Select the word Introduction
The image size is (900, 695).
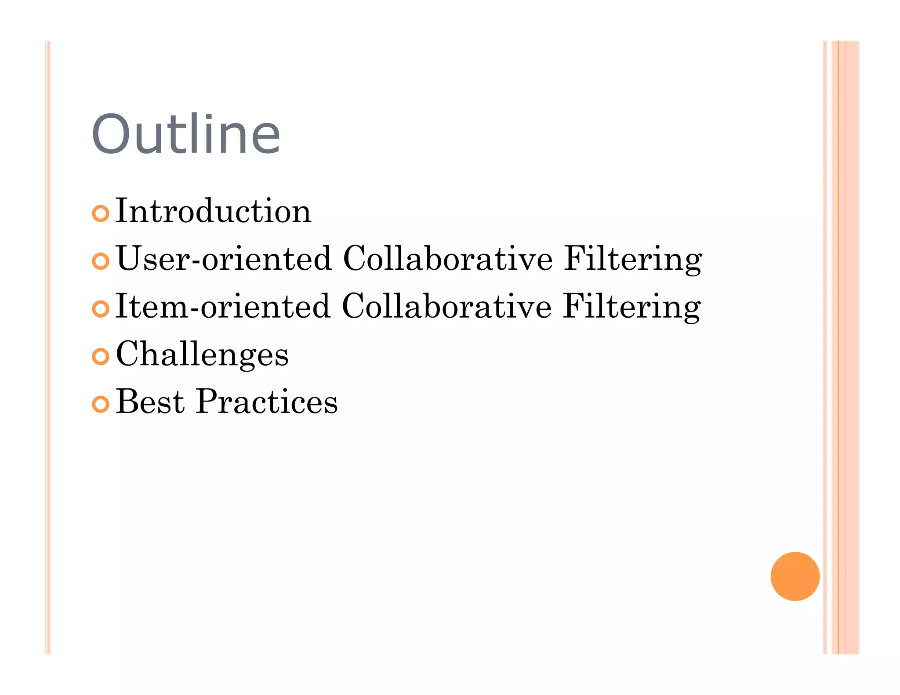click(x=214, y=211)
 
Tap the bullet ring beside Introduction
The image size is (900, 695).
click(x=101, y=214)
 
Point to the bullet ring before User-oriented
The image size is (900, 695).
click(x=101, y=261)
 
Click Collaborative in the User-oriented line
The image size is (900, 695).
click(x=447, y=259)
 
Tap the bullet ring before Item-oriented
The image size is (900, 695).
click(x=101, y=309)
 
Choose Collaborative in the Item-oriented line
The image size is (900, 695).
click(x=446, y=306)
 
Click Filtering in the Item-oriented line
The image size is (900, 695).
click(x=632, y=307)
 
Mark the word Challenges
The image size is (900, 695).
click(x=202, y=355)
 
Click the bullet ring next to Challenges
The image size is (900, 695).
click(x=101, y=356)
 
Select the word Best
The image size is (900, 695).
click(x=150, y=402)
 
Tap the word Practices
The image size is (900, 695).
click(x=267, y=402)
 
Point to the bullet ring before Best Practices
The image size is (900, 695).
click(x=101, y=404)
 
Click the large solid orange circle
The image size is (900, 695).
click(x=795, y=576)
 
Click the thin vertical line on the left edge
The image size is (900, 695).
click(x=48, y=347)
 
